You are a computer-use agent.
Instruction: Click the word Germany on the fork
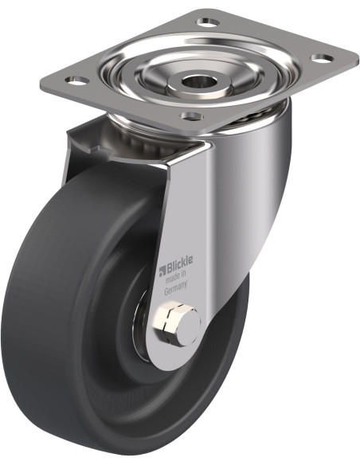[176, 287]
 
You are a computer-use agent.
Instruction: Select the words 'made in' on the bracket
[175, 277]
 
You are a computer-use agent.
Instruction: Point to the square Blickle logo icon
[162, 271]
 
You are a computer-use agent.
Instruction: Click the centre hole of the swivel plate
[195, 81]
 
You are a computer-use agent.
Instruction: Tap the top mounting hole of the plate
[208, 21]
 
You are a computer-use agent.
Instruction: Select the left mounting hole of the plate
[76, 80]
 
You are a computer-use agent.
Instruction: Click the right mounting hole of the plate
[322, 58]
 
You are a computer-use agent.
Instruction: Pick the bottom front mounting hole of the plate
[192, 115]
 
